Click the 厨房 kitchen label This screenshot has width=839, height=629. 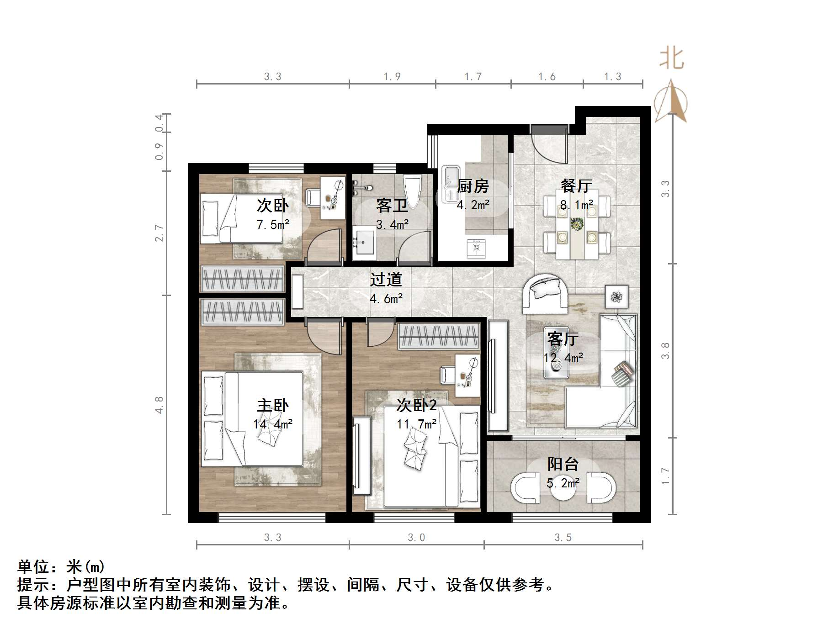pyautogui.click(x=473, y=186)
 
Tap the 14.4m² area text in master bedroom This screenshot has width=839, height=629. pyautogui.click(x=273, y=424)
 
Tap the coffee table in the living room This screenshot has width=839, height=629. pyautogui.click(x=556, y=359)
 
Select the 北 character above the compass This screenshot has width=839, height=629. pyautogui.click(x=671, y=59)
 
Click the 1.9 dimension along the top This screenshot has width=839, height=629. pyautogui.click(x=392, y=77)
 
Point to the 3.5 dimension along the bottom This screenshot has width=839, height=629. pyautogui.click(x=563, y=538)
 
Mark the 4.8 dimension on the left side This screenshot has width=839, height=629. pyautogui.click(x=159, y=405)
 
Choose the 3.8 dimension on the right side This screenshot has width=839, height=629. pyautogui.click(x=665, y=350)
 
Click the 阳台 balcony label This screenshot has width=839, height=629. pyautogui.click(x=563, y=465)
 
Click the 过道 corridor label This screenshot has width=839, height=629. pyautogui.click(x=386, y=280)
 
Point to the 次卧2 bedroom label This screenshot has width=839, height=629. pyautogui.click(x=416, y=405)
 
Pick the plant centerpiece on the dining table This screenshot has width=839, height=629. pyautogui.click(x=577, y=224)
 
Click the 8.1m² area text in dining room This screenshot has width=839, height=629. pyautogui.click(x=577, y=205)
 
